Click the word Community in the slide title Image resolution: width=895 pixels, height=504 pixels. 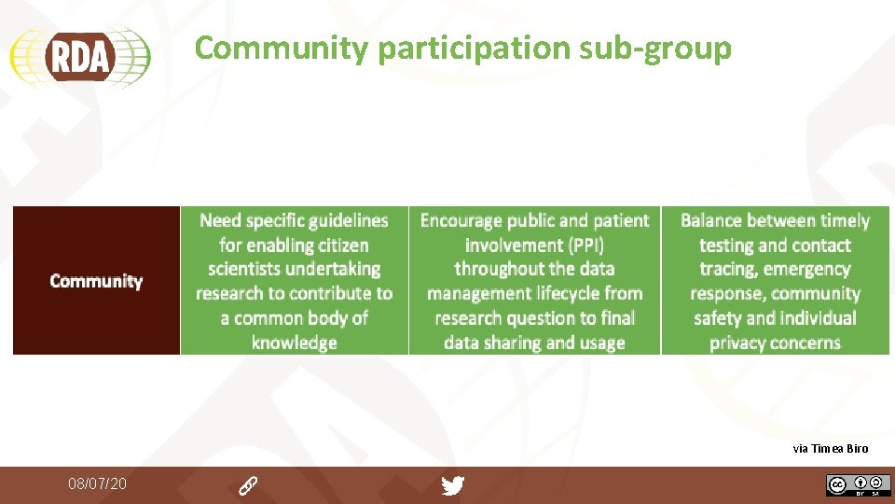point(281,48)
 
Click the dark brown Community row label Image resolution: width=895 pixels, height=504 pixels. point(96,281)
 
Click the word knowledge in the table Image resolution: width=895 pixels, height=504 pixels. point(294,343)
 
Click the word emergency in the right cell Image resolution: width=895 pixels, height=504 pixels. point(806,269)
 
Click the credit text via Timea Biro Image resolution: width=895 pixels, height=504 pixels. point(830,449)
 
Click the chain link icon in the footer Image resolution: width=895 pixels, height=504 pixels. point(248,485)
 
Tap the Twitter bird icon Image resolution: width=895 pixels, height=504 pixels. point(453,485)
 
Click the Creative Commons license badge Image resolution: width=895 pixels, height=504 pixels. point(858,485)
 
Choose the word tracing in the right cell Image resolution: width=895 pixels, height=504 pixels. point(727,269)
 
